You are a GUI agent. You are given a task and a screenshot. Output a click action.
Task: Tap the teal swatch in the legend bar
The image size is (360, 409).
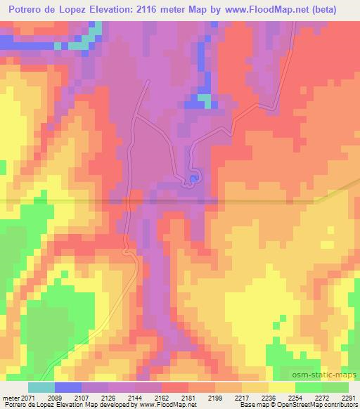[41, 387]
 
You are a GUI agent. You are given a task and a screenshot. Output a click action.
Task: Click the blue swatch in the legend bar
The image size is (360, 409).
[67, 387]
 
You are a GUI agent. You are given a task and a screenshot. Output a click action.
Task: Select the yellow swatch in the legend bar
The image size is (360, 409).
[281, 387]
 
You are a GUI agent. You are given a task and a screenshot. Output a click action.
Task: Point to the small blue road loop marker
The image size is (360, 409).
[192, 181]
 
